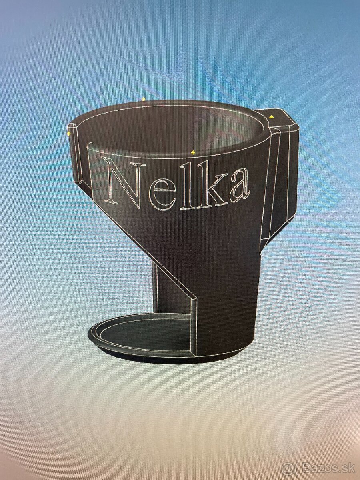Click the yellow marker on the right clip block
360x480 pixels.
(x=271, y=117)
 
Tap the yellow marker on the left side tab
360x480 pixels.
(x=69, y=133)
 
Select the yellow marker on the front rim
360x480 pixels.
(x=193, y=152)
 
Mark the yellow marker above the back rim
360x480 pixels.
(x=143, y=99)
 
